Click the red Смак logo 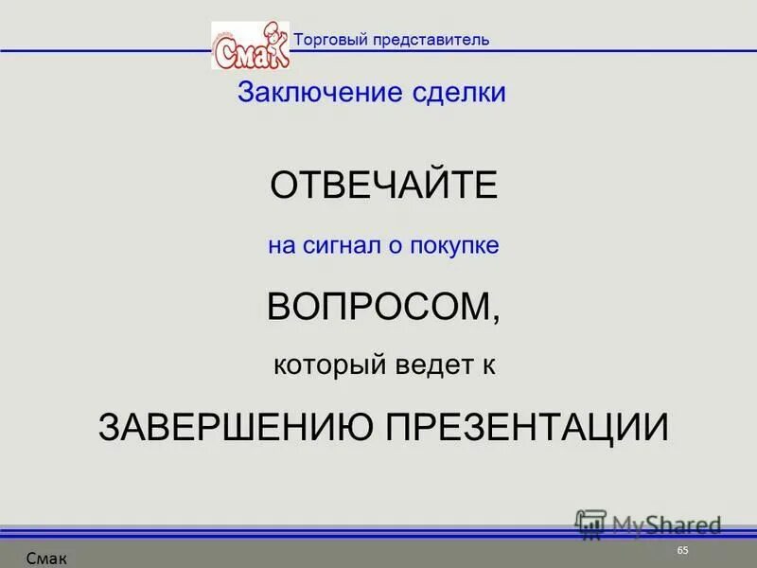[249, 47]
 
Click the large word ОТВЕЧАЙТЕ [383, 186]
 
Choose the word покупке [454, 246]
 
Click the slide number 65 [683, 552]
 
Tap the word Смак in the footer [46, 559]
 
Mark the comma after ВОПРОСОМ [497, 320]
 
